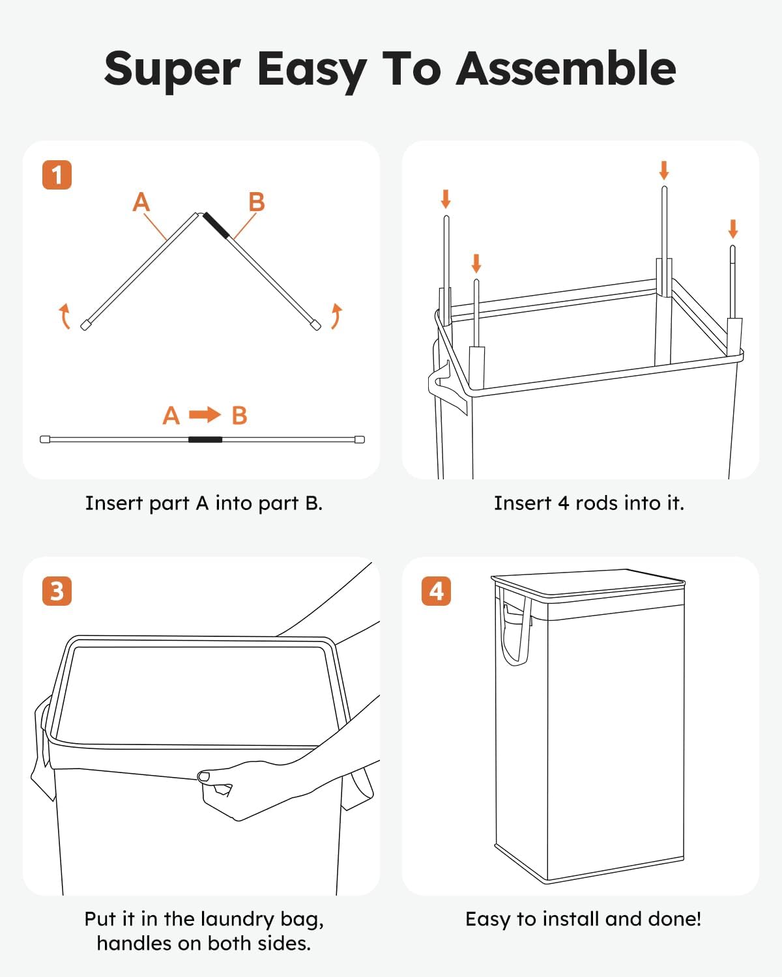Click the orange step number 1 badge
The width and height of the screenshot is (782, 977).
(57, 175)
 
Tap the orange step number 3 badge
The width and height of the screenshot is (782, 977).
(57, 591)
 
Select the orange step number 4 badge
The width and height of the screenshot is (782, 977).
(436, 591)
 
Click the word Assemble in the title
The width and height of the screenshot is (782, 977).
(566, 68)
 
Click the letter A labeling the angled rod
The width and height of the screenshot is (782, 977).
(141, 202)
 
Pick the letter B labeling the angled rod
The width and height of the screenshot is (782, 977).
(257, 202)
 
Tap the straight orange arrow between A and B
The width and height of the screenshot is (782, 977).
(205, 415)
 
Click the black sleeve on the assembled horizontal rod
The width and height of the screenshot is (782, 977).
(205, 440)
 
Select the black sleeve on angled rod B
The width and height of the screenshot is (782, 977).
(216, 226)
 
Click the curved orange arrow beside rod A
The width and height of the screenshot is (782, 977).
(65, 316)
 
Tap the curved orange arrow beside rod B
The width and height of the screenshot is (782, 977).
(336, 316)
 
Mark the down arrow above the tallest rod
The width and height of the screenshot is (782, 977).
(664, 171)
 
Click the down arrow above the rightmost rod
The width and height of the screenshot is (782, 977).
(733, 229)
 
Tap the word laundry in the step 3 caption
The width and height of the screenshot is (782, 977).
(237, 919)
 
